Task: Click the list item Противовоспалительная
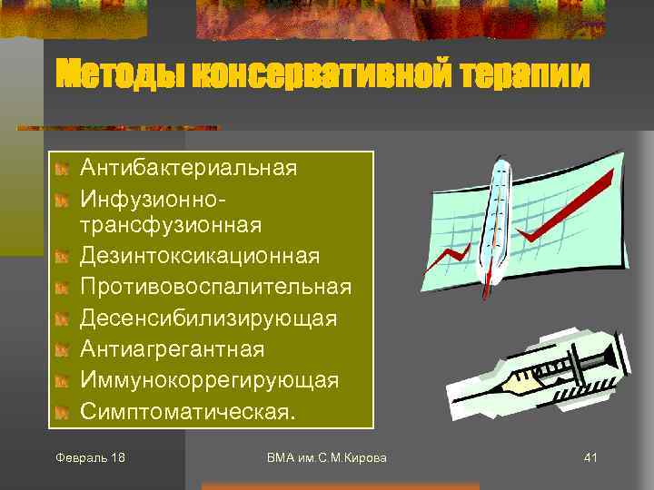tap(215, 287)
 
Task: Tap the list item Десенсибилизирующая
tap(208, 318)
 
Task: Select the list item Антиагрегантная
tap(173, 349)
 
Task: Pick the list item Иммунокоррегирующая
tap(210, 380)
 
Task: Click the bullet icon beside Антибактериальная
tap(61, 169)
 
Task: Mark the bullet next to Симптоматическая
tap(61, 412)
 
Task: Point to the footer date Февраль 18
tap(90, 457)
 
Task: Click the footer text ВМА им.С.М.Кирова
tap(326, 457)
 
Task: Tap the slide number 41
tap(590, 457)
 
